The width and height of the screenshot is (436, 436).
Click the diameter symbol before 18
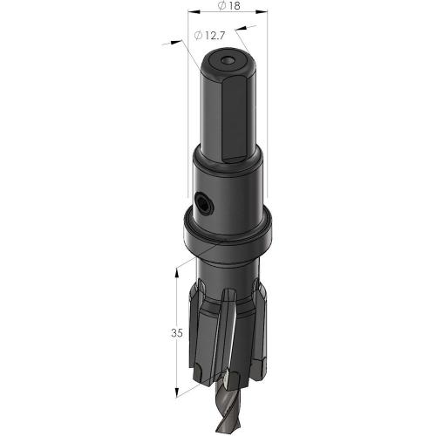pos(218,8)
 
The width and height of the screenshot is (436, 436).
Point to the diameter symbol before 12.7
pos(200,36)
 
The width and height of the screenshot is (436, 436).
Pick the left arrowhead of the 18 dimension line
pos(192,16)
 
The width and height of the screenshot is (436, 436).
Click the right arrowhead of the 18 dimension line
pos(264,16)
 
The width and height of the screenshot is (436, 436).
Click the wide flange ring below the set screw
pos(226,234)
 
